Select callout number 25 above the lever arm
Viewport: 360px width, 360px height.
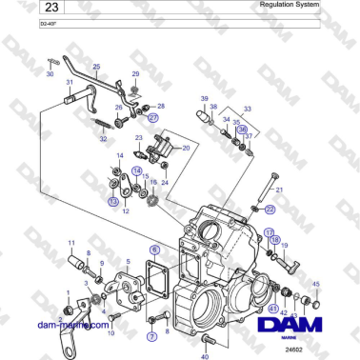click(95, 66)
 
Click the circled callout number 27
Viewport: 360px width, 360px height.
click(152, 118)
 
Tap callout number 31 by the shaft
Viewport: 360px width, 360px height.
click(70, 84)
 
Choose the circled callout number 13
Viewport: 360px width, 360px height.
click(113, 202)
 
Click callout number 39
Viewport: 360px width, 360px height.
click(203, 98)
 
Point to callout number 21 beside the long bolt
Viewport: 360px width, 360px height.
click(279, 191)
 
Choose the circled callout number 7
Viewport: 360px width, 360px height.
click(150, 336)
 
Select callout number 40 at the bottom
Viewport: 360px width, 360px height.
click(205, 357)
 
